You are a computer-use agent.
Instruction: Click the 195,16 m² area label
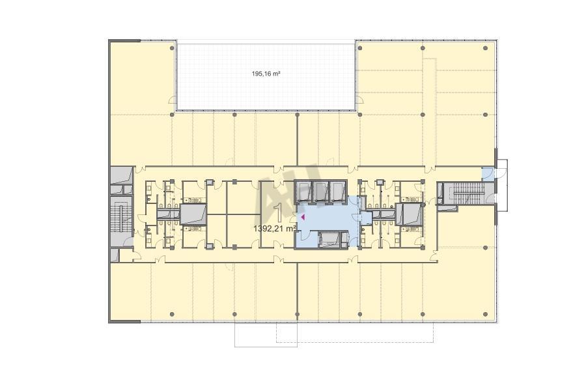point(266,74)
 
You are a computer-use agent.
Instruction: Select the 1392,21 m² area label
point(275,228)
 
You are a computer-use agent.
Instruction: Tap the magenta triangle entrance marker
point(303,216)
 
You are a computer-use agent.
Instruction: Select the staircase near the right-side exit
point(469,193)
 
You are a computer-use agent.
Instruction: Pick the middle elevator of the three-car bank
point(320,192)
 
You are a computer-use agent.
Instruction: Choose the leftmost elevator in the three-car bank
point(304,192)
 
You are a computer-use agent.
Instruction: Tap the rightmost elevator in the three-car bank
point(337,192)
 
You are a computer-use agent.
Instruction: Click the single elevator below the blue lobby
point(330,239)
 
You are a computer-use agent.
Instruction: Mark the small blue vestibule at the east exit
point(487,173)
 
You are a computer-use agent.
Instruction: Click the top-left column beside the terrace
point(172,48)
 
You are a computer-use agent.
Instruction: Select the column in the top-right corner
point(485,48)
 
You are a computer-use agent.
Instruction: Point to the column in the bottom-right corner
point(485,314)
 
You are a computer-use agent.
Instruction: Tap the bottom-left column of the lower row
point(172,314)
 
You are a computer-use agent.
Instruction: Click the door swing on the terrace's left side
point(173,100)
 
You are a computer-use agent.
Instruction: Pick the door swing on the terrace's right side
point(359,100)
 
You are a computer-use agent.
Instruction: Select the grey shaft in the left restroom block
point(193,214)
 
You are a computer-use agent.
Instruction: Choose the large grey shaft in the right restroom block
point(410,214)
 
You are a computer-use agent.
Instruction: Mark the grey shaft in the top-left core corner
point(122,175)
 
